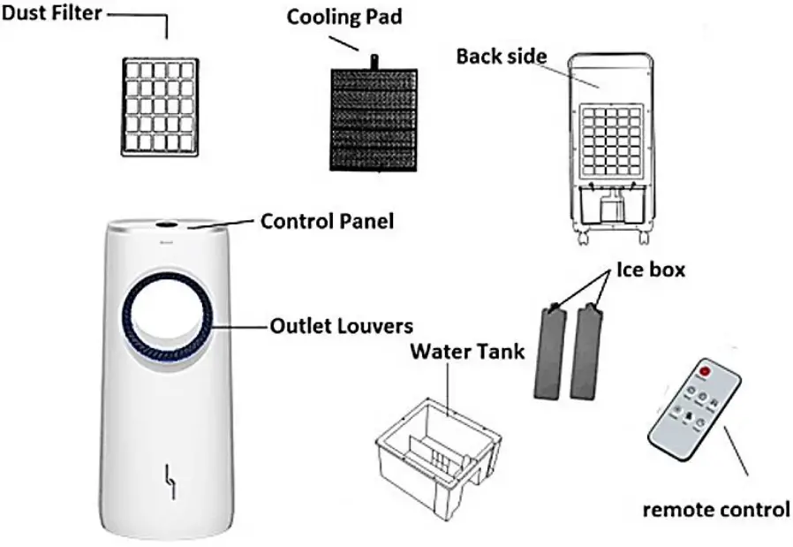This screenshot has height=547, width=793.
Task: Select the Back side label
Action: pos(501,56)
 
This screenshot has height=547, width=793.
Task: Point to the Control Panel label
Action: pos(327,220)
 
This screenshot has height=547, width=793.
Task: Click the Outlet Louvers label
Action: pos(340,325)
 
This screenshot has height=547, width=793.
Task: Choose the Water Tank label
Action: pos(467,352)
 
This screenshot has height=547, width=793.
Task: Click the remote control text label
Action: pos(716,509)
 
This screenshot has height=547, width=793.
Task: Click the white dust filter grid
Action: pos(160,106)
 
